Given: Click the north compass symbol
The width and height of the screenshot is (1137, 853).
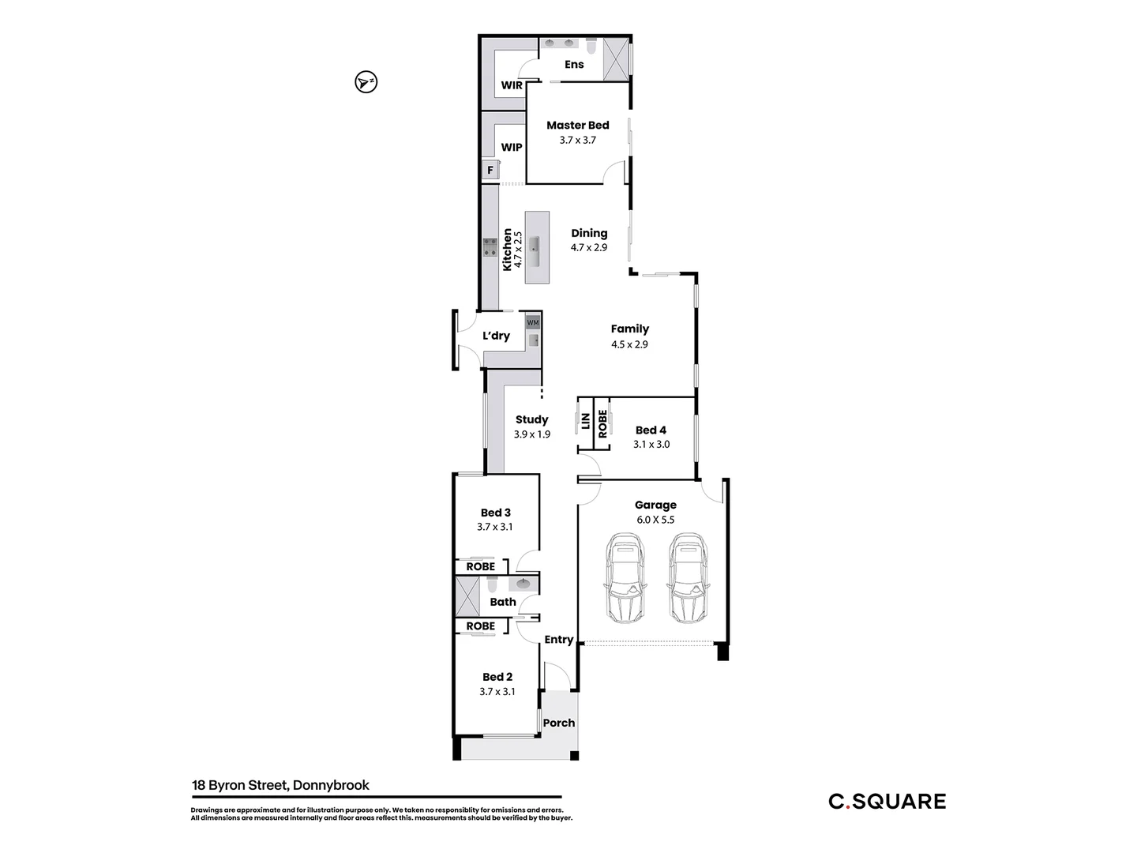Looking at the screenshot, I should [366, 81].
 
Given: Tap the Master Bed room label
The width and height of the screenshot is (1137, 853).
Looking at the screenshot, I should [577, 125].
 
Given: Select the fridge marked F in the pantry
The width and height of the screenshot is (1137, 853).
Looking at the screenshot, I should [490, 170].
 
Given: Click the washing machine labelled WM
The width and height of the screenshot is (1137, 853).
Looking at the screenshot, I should [533, 322].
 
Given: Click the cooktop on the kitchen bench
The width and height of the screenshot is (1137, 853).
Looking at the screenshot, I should [490, 247].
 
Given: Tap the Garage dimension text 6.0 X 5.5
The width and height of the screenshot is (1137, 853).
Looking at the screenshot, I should [655, 520].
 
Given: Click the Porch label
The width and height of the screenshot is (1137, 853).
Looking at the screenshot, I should [559, 723].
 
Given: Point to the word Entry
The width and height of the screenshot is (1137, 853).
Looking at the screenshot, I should [558, 640].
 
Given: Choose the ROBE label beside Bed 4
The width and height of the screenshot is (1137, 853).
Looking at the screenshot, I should [602, 423].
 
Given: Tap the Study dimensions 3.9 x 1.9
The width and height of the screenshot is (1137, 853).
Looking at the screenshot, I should [531, 434].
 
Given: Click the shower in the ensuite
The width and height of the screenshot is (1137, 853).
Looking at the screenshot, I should [615, 59].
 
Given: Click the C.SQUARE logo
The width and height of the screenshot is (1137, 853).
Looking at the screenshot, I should [887, 802].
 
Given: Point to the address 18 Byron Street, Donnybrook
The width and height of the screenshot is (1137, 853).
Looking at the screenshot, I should [280, 785].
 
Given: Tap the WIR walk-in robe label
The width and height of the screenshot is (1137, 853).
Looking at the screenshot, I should [512, 85].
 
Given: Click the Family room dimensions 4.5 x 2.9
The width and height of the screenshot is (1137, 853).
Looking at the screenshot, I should [629, 344].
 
